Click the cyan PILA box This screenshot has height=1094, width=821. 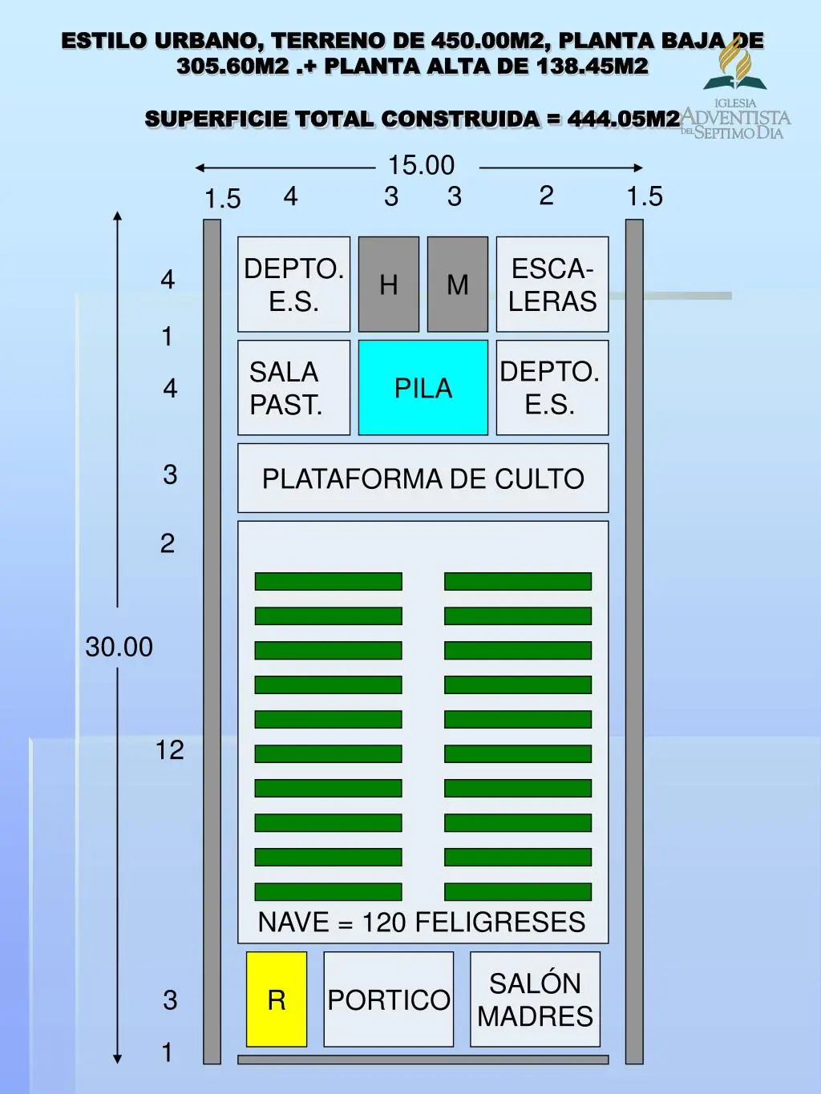click(423, 387)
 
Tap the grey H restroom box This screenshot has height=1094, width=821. click(388, 284)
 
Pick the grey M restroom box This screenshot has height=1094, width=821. click(458, 284)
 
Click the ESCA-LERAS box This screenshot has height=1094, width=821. click(552, 284)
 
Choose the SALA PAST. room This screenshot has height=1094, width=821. click(293, 387)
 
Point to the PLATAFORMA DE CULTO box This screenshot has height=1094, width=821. click(423, 478)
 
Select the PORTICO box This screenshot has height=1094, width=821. click(389, 999)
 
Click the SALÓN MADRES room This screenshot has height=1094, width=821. click(535, 999)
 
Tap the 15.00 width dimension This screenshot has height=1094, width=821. click(421, 165)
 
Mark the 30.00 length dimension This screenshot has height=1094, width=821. click(119, 647)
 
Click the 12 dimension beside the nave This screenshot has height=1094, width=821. click(169, 749)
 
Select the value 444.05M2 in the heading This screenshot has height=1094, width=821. click(624, 119)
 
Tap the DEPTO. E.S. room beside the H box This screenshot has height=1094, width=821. click(293, 284)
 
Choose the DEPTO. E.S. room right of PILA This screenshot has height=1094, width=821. click(552, 387)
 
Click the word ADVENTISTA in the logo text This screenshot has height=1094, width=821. click(736, 118)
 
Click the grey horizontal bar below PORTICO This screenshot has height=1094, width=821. click(423, 1060)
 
